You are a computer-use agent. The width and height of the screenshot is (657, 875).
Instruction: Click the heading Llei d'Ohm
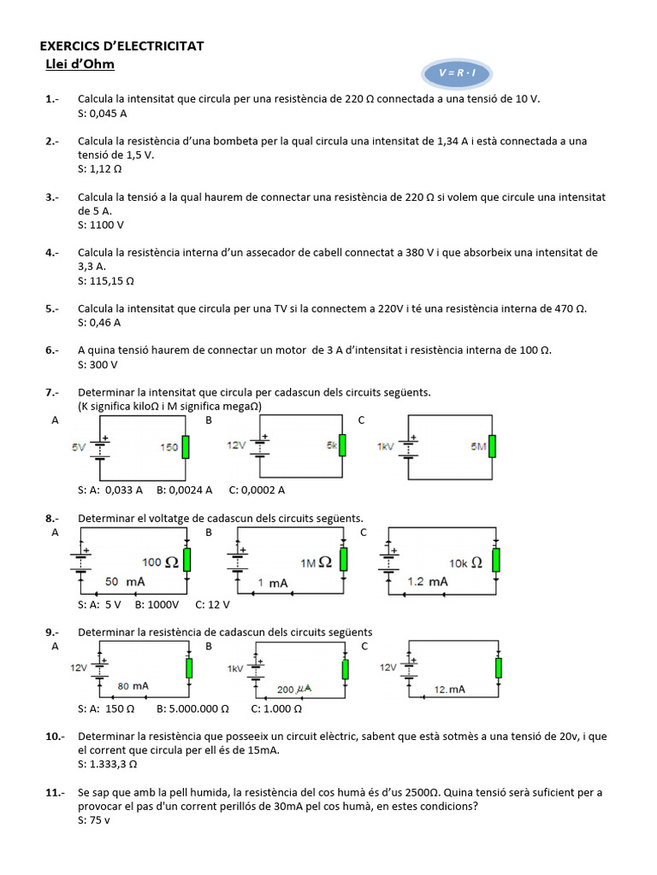pyautogui.click(x=80, y=64)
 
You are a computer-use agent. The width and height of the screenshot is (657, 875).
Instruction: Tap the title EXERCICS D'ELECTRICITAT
pyautogui.click(x=122, y=46)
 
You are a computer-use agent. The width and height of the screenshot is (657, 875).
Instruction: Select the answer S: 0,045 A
pyautogui.click(x=103, y=113)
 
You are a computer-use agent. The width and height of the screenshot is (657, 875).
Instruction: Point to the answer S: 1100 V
pyautogui.click(x=101, y=225)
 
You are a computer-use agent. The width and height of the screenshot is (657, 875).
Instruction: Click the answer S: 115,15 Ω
pyautogui.click(x=107, y=280)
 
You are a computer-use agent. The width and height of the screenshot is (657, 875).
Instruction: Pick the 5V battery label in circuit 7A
pyautogui.click(x=80, y=446)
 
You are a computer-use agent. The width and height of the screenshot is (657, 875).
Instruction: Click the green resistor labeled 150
pyautogui.click(x=186, y=447)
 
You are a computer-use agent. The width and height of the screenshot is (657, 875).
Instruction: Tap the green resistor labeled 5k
pyautogui.click(x=343, y=446)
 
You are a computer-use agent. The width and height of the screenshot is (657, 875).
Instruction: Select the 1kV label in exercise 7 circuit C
pyautogui.click(x=387, y=446)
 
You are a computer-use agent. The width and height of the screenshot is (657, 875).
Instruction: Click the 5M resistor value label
pyautogui.click(x=478, y=446)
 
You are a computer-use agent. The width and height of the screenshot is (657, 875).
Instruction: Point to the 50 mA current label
pyautogui.click(x=125, y=581)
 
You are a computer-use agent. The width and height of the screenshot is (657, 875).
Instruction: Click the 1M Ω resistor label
pyautogui.click(x=316, y=562)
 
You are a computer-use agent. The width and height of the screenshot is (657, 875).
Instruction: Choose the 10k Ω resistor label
pyautogui.click(x=465, y=562)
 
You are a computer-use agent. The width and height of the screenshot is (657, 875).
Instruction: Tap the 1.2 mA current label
pyautogui.click(x=428, y=581)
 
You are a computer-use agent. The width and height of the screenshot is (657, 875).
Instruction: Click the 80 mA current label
pyautogui.click(x=135, y=685)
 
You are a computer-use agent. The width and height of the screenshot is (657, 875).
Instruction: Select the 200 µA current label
pyautogui.click(x=293, y=689)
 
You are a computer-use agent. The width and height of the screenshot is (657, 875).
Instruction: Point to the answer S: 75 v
pyautogui.click(x=94, y=819)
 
